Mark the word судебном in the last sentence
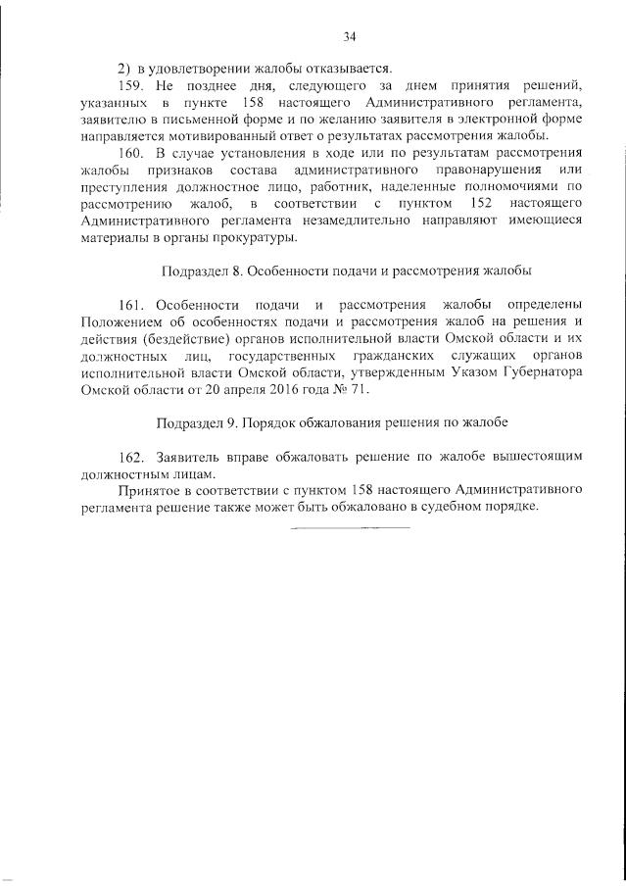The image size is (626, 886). pyautogui.click(x=442, y=506)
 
